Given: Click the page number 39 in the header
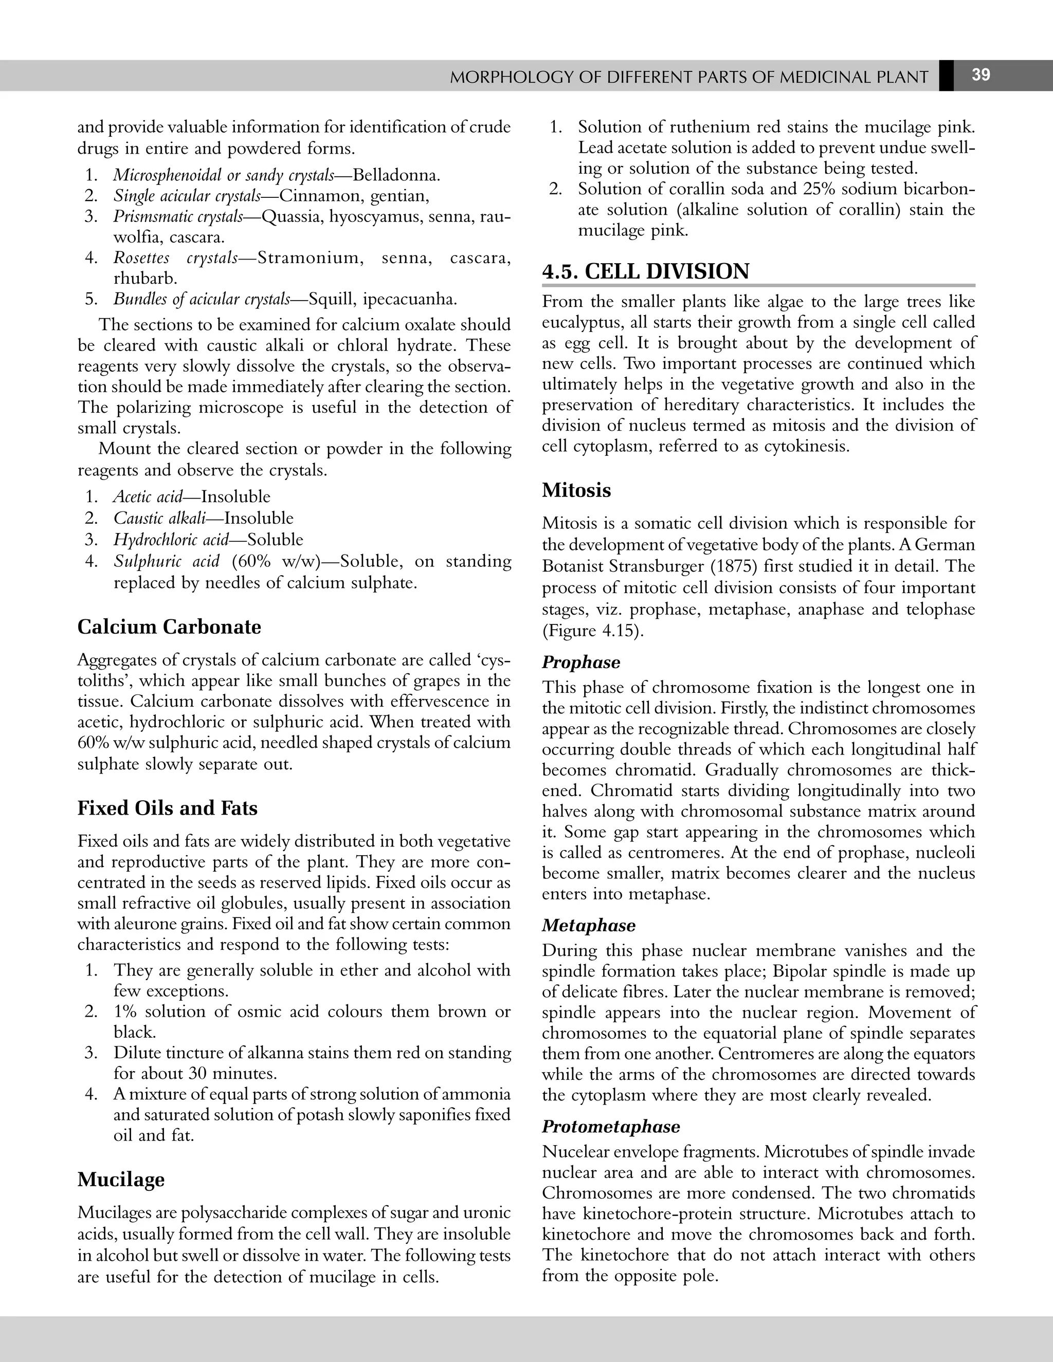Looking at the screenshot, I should (x=981, y=76).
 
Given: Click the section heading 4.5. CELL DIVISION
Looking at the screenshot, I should (x=646, y=271).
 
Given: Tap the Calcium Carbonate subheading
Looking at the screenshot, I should (x=169, y=627).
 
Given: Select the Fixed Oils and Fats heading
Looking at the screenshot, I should (x=167, y=808).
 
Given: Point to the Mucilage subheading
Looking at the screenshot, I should (x=121, y=1179).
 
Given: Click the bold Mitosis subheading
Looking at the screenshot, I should (x=576, y=490).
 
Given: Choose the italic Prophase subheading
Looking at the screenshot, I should (x=581, y=662).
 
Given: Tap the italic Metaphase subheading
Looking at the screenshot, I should (x=588, y=926).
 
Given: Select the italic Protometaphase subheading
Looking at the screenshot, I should (x=611, y=1126).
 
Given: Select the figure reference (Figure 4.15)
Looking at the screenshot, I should (x=593, y=631).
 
